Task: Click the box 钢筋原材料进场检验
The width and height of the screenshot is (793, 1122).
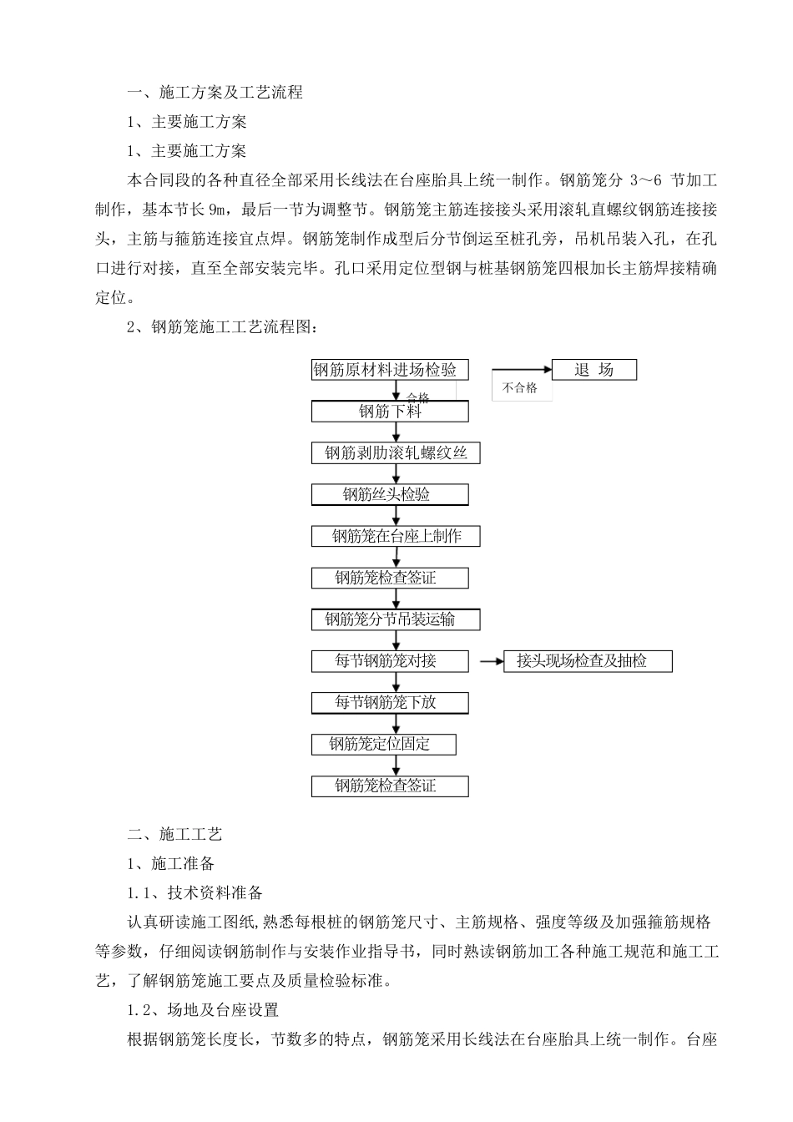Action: [x=390, y=370]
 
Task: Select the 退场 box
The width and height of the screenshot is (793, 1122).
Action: [x=593, y=370]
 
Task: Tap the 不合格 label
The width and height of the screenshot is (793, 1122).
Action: [x=520, y=388]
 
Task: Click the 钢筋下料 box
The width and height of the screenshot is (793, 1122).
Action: [x=390, y=412]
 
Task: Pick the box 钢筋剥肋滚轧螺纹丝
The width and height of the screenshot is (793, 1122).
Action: [x=396, y=453]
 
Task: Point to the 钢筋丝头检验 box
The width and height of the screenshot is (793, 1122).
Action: [x=390, y=494]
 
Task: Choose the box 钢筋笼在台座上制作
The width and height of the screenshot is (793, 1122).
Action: [x=396, y=536]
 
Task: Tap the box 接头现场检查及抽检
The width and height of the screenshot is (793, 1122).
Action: [x=588, y=661]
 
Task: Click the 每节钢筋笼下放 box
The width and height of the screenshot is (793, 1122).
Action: [x=390, y=702]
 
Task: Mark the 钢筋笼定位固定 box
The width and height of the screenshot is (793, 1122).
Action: [x=383, y=744]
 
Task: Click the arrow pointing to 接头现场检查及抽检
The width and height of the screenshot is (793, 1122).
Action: [x=492, y=661]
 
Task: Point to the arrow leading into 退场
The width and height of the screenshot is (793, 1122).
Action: [x=522, y=370]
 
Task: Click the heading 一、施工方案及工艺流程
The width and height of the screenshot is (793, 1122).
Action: [x=215, y=93]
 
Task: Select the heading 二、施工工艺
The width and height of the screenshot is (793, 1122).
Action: [x=174, y=834]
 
